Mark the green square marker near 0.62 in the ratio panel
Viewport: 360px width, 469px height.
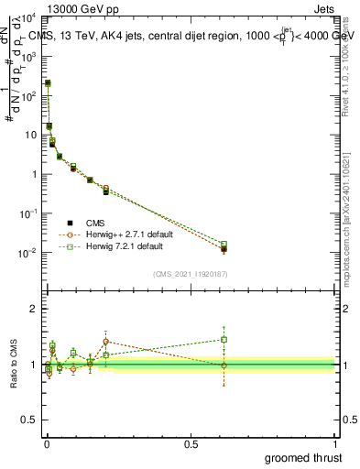(224, 339)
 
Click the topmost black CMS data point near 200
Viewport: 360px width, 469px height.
(48, 83)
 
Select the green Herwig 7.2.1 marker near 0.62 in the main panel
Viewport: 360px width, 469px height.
(224, 245)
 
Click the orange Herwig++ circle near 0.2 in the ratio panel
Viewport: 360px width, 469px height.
(106, 342)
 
